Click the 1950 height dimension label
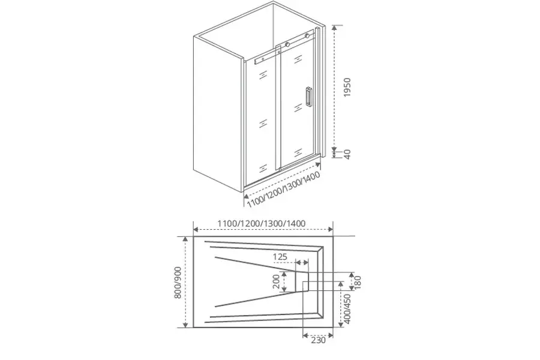pyautogui.click(x=347, y=87)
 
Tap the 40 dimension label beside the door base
pyautogui.click(x=347, y=154)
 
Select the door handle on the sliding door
pyautogui.click(x=308, y=97)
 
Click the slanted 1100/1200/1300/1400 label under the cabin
pyautogui.click(x=283, y=189)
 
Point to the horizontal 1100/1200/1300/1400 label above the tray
pyautogui.click(x=262, y=224)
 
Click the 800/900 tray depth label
pyautogui.click(x=178, y=282)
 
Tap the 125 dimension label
pyautogui.click(x=280, y=257)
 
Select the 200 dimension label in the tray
pyautogui.click(x=277, y=281)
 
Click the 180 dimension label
pyautogui.click(x=358, y=283)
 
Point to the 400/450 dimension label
pyautogui.click(x=347, y=309)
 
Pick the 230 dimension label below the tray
pyautogui.click(x=318, y=340)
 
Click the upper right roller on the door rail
pyautogui.click(x=307, y=35)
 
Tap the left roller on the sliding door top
pyautogui.click(x=287, y=44)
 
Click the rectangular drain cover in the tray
pyautogui.click(x=302, y=281)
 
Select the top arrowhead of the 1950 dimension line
pyautogui.click(x=334, y=28)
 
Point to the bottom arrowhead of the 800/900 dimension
pyautogui.click(x=185, y=324)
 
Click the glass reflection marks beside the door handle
pyautogui.click(x=298, y=108)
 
